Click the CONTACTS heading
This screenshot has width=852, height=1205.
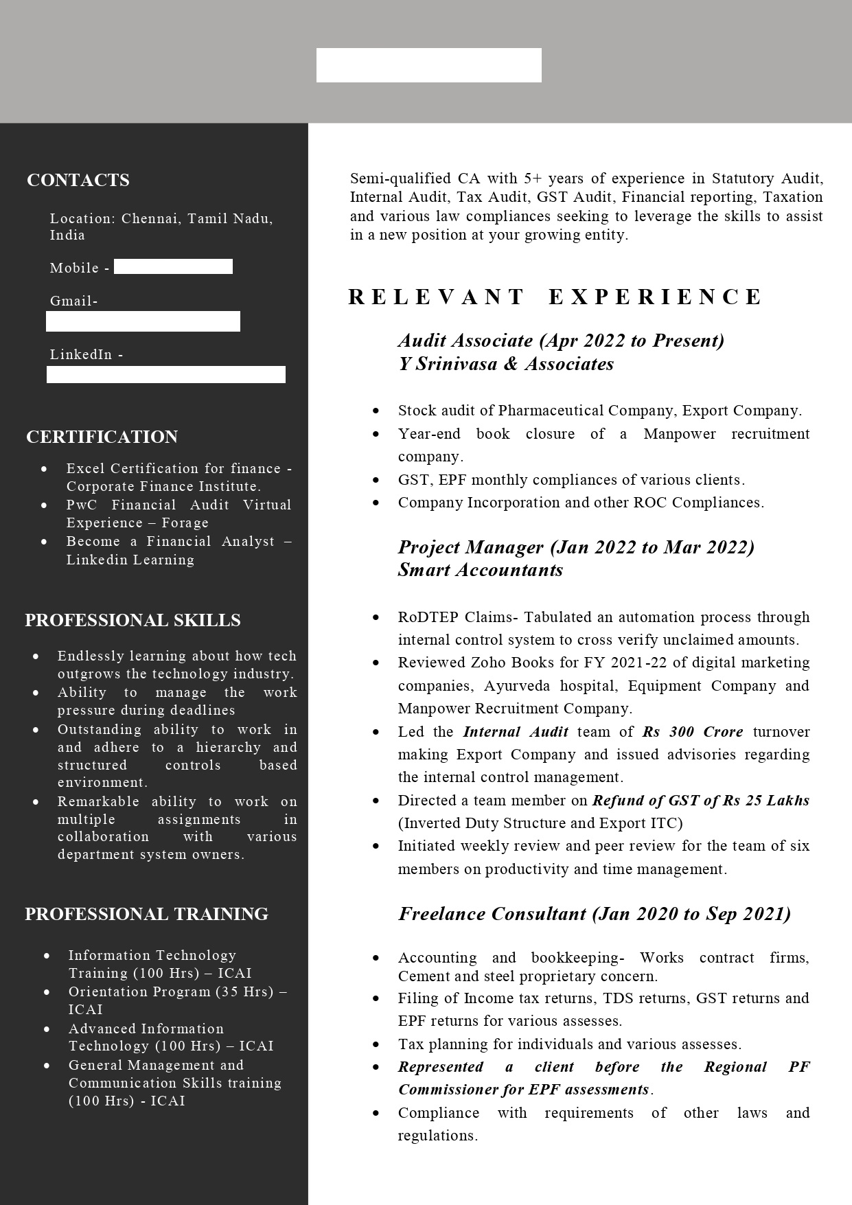[x=78, y=180]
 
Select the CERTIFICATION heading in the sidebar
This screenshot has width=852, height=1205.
[x=102, y=437]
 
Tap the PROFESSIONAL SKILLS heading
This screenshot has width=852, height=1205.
[x=133, y=620]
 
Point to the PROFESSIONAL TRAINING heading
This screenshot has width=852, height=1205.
[x=146, y=914]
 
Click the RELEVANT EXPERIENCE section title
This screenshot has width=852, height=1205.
[x=555, y=297]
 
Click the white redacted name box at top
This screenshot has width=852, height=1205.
[x=428, y=65]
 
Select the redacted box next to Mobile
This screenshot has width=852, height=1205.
[x=173, y=266]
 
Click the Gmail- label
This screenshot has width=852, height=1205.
[x=73, y=301]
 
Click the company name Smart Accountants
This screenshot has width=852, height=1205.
[x=481, y=570]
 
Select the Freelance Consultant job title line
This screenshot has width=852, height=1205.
[x=595, y=914]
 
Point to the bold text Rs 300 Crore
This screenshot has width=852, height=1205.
[x=693, y=732]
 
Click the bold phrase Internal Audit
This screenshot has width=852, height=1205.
[x=516, y=732]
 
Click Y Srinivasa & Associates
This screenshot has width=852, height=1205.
[x=506, y=364]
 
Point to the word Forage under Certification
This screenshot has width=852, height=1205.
[x=185, y=523]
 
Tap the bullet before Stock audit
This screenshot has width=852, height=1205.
[x=376, y=411]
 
